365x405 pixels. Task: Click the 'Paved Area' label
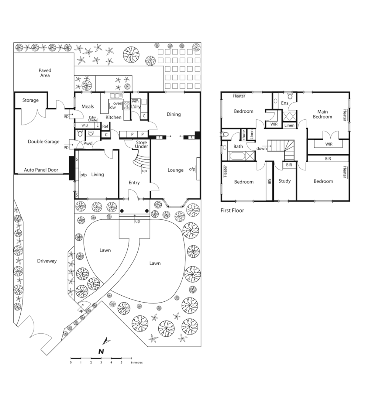[x=45, y=73]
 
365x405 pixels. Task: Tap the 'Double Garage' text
[x=43, y=142]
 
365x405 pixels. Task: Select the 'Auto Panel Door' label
[x=41, y=170]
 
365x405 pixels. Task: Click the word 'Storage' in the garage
[x=30, y=101]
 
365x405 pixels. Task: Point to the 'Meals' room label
[x=88, y=107]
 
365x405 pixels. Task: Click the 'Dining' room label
[x=174, y=114]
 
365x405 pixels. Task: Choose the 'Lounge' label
[x=175, y=170]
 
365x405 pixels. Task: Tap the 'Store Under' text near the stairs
[x=141, y=144]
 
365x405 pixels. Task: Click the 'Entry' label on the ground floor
[x=134, y=183]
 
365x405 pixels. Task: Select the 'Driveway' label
[x=47, y=261]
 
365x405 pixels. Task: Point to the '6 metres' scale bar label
[x=136, y=363]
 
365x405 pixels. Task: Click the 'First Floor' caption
[x=232, y=210]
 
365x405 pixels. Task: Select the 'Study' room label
[x=285, y=181]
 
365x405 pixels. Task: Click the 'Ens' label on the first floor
[x=285, y=103]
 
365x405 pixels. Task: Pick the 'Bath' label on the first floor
[x=238, y=146]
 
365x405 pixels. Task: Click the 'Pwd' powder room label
[x=88, y=144]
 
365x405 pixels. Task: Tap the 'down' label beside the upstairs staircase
[x=262, y=149]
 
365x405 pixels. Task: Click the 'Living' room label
[x=97, y=174]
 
